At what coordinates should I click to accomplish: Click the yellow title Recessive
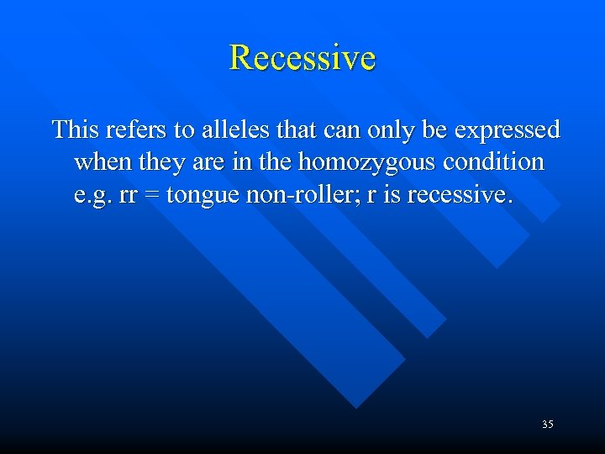[302, 58]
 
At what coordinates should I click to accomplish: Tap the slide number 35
[547, 425]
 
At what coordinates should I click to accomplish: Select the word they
[159, 162]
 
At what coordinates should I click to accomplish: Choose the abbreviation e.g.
[91, 196]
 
